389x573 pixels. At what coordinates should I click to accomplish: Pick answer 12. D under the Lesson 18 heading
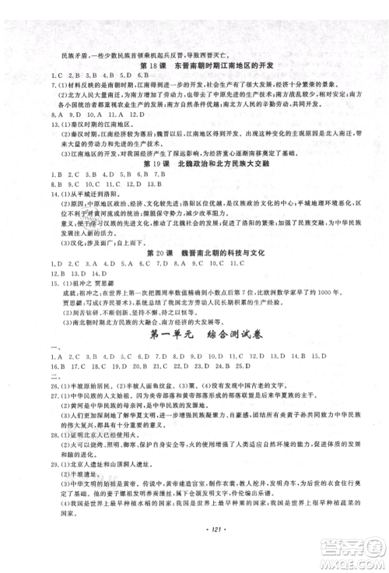121,115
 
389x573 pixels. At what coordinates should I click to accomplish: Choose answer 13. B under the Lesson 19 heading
152,185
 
